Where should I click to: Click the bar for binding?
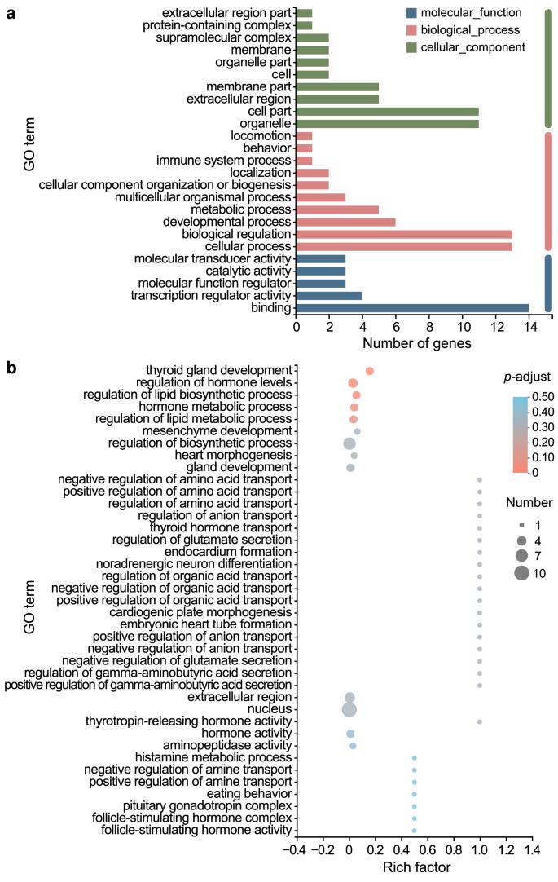[412, 308]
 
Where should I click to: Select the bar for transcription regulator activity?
[313, 296]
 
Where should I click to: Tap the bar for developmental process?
[345, 222]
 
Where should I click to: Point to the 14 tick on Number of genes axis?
[529, 327]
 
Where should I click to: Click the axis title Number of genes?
[416, 344]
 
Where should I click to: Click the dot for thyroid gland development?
[370, 371]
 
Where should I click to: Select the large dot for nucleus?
[349, 709]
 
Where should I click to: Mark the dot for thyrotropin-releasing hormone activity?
[480, 721]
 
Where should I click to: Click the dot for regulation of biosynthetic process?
[349, 443]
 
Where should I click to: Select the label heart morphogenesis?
[239, 456]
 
